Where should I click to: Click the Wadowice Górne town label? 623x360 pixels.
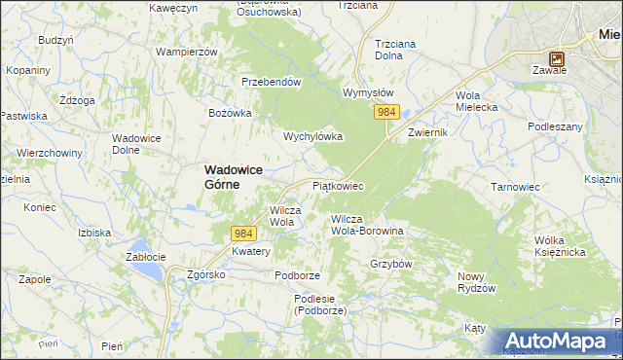click(235, 176)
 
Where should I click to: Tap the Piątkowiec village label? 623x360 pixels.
click(338, 185)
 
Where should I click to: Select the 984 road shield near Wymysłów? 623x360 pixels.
click(386, 114)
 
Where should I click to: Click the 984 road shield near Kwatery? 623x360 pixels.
click(243, 234)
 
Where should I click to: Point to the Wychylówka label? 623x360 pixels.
click(312, 137)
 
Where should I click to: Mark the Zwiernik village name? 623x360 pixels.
click(427, 131)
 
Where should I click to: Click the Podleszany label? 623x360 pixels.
click(555, 126)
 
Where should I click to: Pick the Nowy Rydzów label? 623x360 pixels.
click(477, 283)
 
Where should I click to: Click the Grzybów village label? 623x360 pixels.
click(392, 264)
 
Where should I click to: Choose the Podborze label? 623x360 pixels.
click(297, 275)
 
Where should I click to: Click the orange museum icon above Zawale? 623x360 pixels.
click(556, 57)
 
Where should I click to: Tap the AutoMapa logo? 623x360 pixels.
click(560, 342)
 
